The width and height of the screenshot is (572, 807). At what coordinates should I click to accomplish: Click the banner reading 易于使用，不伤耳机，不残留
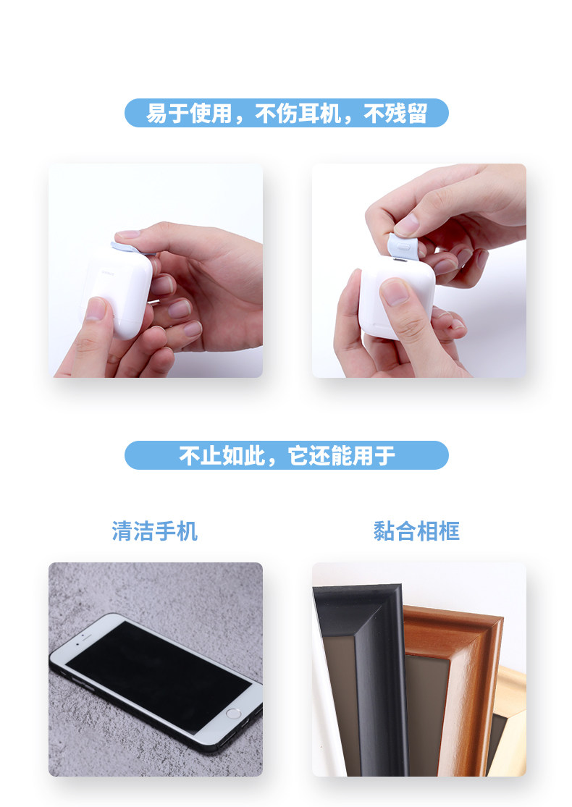(x=286, y=113)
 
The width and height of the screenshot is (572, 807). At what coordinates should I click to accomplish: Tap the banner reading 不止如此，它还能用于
(x=286, y=455)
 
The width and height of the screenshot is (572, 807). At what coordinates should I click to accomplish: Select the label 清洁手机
(x=154, y=531)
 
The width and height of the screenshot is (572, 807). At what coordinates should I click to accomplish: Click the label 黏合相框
(x=416, y=531)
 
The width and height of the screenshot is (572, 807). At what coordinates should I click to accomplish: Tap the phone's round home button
(x=233, y=713)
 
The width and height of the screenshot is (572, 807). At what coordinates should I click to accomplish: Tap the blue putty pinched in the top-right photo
(x=403, y=246)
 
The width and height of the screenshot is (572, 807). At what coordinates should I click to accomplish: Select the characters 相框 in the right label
(x=438, y=531)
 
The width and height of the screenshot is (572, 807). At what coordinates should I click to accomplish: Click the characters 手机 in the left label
(x=176, y=531)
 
